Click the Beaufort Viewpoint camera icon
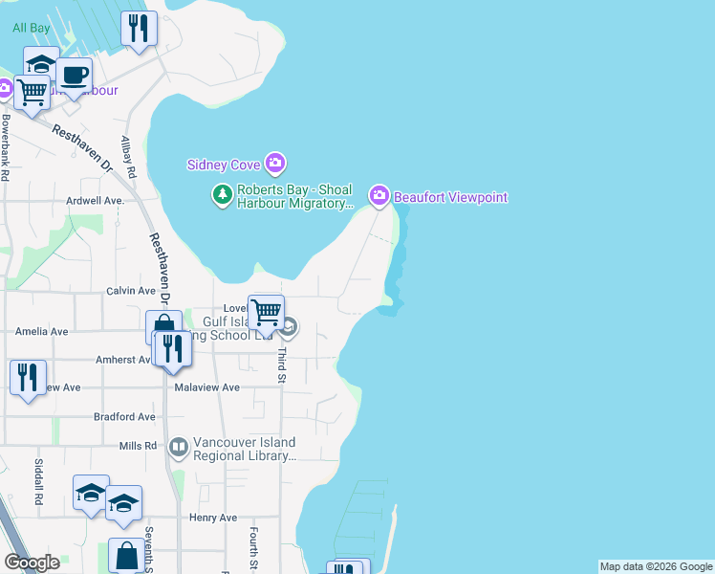[x=379, y=196]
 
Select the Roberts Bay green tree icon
[x=222, y=195]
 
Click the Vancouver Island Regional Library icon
[x=179, y=447]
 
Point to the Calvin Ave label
[x=130, y=291]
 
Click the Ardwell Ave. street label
[x=96, y=201]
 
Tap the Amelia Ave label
[x=42, y=331]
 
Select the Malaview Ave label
[x=207, y=387]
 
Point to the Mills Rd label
[x=138, y=447]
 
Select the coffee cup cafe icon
[x=74, y=76]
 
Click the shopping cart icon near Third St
[x=266, y=310]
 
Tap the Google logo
[x=32, y=563]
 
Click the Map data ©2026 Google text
[x=656, y=566]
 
